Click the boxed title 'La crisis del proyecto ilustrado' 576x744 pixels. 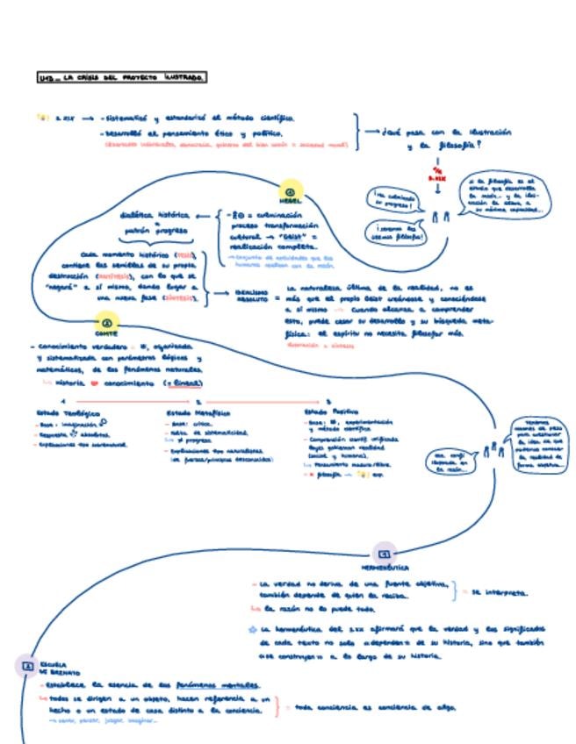[x=122, y=79]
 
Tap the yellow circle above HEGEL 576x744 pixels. [x=291, y=190]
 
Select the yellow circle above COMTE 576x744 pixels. [x=106, y=323]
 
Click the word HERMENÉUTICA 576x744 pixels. [x=385, y=568]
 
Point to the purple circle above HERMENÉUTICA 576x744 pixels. [x=384, y=553]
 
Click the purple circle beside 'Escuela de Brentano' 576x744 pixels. [x=26, y=666]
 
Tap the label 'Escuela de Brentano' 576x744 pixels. [x=54, y=669]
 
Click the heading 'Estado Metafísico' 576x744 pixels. [x=198, y=411]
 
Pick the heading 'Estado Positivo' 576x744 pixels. [x=331, y=411]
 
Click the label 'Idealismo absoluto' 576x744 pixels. [x=251, y=296]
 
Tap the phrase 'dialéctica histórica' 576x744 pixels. [x=155, y=215]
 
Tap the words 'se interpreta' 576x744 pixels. [x=500, y=592]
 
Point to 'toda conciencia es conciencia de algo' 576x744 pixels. [x=375, y=706]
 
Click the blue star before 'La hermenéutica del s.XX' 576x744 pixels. [x=253, y=629]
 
